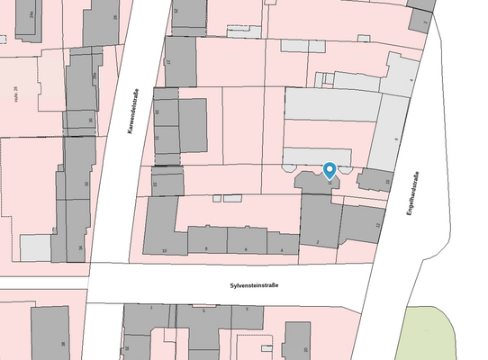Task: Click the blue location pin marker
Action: click(x=330, y=169)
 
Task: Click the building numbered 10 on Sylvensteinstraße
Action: click(x=164, y=249)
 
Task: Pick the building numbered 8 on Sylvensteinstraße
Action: click(x=206, y=248)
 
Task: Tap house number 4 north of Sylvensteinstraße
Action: click(x=282, y=248)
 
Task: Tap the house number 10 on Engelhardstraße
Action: click(x=387, y=182)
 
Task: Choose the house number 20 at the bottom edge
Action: click(x=305, y=349)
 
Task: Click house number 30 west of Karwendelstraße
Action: click(x=90, y=120)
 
